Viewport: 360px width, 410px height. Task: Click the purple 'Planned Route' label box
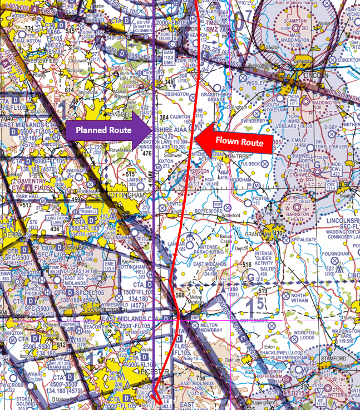click(x=103, y=130)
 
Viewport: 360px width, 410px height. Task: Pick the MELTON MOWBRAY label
click(x=211, y=328)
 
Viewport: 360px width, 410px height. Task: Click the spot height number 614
click(x=69, y=89)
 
